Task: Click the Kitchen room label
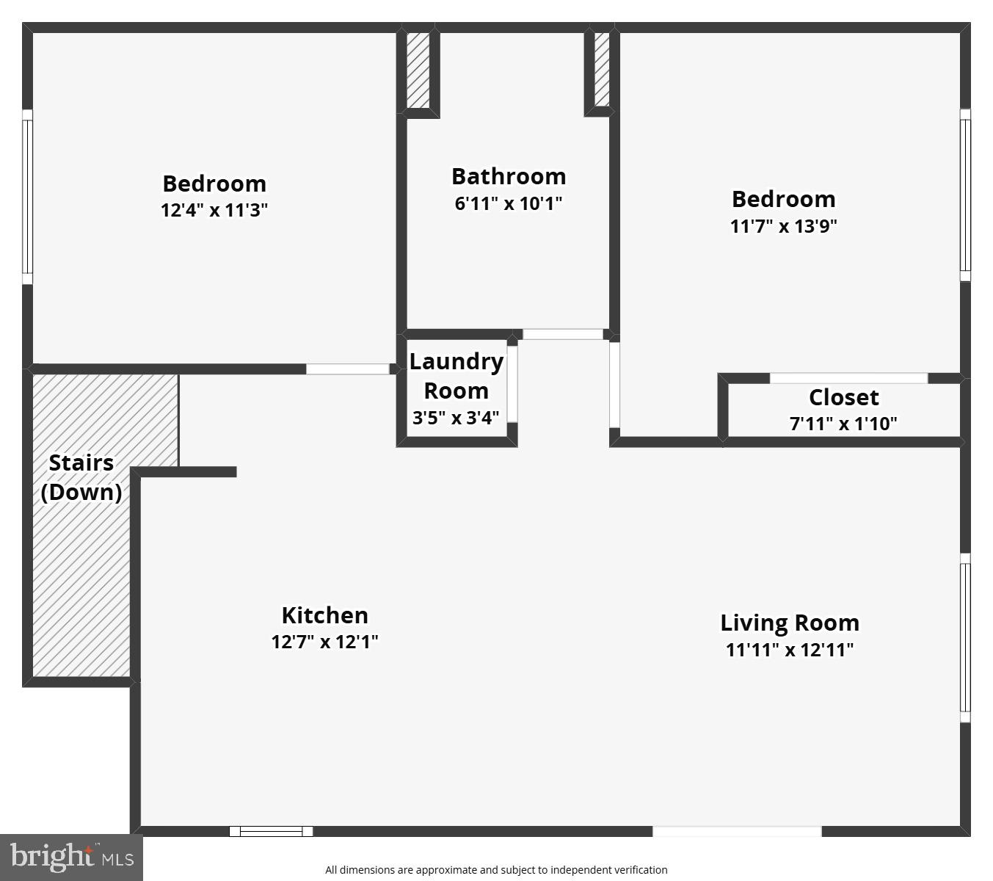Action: tap(324, 615)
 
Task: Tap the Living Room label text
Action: tap(790, 623)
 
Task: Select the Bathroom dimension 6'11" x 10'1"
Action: tap(509, 203)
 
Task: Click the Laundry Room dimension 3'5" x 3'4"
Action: tap(455, 418)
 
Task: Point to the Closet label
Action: tap(843, 397)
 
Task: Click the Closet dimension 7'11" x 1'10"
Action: tap(843, 423)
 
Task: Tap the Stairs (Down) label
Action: tap(81, 477)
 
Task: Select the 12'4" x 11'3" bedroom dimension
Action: tap(214, 210)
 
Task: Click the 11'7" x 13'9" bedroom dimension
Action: tap(783, 226)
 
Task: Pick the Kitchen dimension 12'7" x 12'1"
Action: tap(324, 641)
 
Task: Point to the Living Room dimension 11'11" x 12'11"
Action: tap(790, 650)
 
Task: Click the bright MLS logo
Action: tap(72, 858)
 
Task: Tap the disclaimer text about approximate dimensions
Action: tap(496, 870)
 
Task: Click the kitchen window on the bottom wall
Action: tap(271, 831)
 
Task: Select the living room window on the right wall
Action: tap(964, 637)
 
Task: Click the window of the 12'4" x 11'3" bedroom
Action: tap(27, 197)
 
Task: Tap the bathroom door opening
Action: tap(563, 334)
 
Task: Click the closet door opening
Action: tap(848, 378)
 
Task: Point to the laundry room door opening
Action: tap(512, 384)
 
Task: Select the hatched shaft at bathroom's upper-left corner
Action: tap(418, 70)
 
